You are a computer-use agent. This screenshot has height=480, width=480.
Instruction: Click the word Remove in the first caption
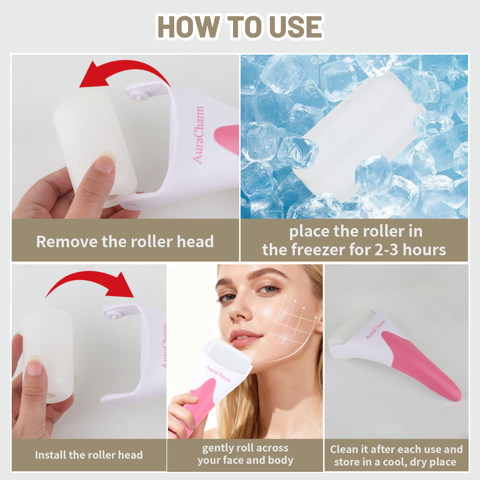66,242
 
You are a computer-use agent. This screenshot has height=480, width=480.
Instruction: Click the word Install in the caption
50,455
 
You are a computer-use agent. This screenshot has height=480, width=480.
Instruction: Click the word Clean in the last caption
344,449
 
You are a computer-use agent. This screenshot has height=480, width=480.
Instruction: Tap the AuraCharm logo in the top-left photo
198,135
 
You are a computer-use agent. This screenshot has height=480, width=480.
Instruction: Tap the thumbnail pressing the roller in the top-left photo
108,157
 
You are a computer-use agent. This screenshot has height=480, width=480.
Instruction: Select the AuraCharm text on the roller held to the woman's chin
218,373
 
